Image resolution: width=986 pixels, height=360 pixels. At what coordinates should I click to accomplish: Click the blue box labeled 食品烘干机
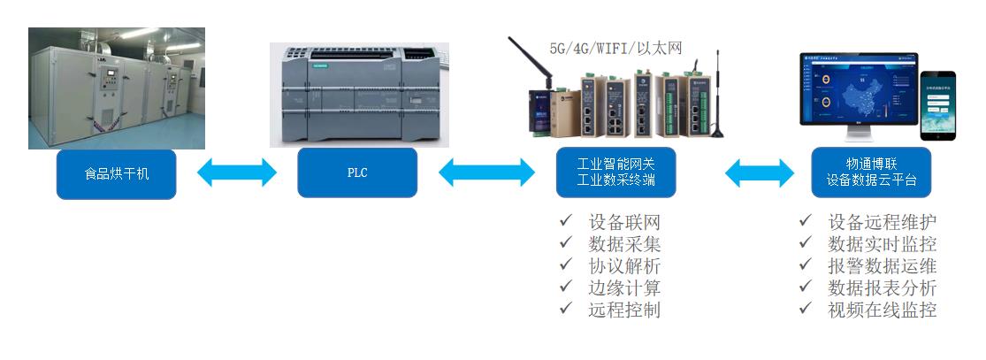tap(117, 173)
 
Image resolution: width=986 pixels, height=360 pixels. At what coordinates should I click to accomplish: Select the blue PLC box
tap(357, 172)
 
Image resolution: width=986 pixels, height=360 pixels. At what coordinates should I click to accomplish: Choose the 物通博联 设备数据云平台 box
tap(871, 172)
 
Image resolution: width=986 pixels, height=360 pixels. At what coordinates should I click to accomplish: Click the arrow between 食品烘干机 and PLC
tap(237, 172)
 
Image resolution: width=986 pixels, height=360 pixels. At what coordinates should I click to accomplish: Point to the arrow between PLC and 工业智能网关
tap(487, 172)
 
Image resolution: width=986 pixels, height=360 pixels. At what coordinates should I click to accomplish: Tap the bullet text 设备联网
tap(624, 222)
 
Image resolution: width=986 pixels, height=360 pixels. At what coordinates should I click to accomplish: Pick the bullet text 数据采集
tap(624, 244)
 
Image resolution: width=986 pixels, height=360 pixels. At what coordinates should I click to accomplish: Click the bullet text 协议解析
tap(624, 266)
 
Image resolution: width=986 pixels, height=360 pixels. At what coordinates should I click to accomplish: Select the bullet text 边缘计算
tap(624, 288)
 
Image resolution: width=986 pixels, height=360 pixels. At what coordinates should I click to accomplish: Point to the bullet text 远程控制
tap(624, 310)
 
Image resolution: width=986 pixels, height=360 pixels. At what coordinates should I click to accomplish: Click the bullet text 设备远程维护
tap(882, 222)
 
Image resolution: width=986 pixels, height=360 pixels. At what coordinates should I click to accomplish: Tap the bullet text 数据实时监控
tap(882, 244)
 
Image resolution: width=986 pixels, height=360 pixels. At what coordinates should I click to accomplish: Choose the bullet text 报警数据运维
tap(882, 266)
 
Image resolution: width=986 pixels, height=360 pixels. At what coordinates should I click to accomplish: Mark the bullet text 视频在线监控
tap(882, 310)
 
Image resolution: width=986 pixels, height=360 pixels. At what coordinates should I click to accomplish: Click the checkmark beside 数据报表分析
tap(806, 287)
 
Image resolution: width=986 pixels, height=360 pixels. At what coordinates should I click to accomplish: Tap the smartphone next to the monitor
tap(938, 105)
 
